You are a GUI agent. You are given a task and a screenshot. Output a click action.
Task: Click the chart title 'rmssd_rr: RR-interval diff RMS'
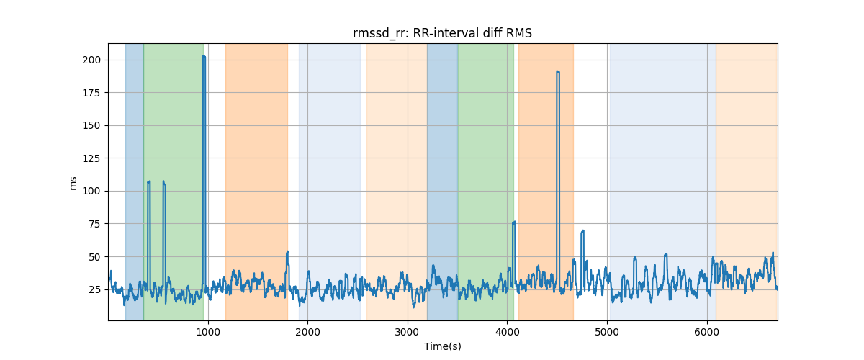(x=442, y=33)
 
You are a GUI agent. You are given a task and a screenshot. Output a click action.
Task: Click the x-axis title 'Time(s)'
(x=442, y=346)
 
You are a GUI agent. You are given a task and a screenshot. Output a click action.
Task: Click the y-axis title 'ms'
(x=73, y=182)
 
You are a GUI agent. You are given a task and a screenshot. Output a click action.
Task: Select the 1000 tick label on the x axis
(x=208, y=331)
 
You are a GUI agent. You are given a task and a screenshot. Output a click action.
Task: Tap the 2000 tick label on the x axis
(x=307, y=331)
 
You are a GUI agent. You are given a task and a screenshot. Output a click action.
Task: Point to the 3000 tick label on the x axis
(x=408, y=331)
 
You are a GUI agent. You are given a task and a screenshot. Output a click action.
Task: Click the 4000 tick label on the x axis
(x=507, y=331)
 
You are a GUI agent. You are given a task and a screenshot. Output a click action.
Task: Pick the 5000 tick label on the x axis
(x=607, y=331)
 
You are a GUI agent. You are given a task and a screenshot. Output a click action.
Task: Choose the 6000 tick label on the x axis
(x=707, y=331)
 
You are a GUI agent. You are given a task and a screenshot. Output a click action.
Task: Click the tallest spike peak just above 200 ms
(x=204, y=56)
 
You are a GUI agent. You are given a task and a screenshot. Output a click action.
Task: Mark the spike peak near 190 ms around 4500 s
(x=557, y=71)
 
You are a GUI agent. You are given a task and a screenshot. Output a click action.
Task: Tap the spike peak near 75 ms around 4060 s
(x=513, y=222)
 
